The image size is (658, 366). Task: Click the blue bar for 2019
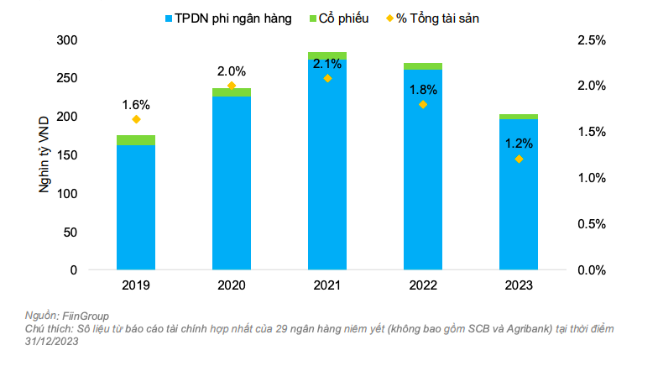click(x=136, y=207)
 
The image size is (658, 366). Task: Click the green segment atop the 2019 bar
click(x=136, y=140)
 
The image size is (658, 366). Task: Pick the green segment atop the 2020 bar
click(x=232, y=92)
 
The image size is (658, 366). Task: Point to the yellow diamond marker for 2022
click(x=423, y=104)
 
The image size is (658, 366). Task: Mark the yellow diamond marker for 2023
click(x=519, y=159)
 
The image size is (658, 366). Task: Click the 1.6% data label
click(x=136, y=105)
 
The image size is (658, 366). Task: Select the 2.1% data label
click(x=327, y=64)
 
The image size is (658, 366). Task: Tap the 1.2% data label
click(x=519, y=144)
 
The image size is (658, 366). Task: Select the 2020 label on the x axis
click(x=232, y=286)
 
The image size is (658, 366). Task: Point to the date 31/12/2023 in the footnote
click(x=53, y=341)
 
